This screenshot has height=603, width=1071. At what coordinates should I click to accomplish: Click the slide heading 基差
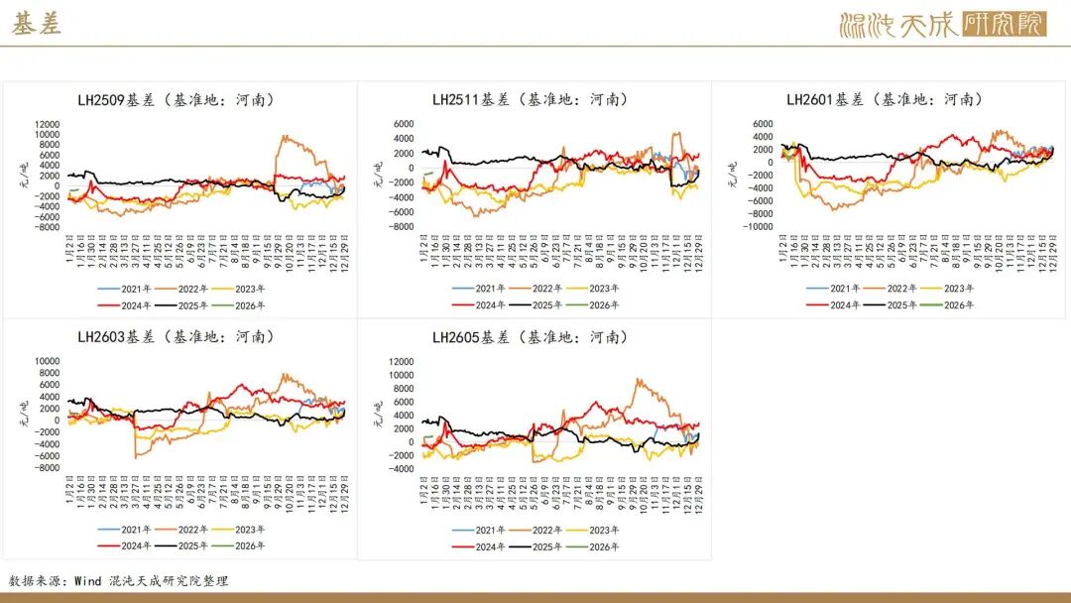point(37,25)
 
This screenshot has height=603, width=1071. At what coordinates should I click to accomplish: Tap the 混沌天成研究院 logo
point(941,25)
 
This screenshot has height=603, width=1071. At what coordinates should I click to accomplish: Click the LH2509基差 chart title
point(177,99)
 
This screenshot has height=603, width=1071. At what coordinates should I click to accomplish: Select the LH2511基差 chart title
point(531,99)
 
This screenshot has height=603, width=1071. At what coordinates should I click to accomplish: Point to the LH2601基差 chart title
point(885,99)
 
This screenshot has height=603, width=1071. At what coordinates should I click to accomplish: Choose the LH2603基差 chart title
point(177,337)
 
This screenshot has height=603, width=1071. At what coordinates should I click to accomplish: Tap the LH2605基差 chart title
point(531,337)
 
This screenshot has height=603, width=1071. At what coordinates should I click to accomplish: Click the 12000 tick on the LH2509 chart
point(47,124)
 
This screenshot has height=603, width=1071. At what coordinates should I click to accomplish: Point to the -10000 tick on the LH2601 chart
point(758,227)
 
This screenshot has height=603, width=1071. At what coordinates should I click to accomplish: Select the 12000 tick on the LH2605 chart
point(401,362)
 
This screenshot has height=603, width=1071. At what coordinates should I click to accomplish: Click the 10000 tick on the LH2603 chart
point(47,361)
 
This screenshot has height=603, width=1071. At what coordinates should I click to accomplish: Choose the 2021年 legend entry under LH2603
point(136,529)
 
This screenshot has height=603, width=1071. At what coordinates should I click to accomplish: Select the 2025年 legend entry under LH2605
point(547,546)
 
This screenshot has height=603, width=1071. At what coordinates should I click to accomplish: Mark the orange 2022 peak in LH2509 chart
point(285,137)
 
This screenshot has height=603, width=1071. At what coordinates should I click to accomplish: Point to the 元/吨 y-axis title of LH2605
point(378,409)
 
